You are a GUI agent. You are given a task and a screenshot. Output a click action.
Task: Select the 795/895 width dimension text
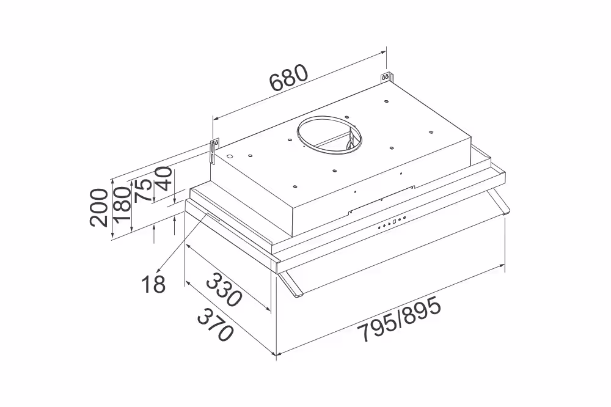coord(400,318)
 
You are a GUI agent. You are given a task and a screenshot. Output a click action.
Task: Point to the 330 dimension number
coord(224,290)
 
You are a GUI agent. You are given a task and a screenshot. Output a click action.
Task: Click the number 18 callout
coord(153,284)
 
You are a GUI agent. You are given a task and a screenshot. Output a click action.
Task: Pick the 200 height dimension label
coord(98,207)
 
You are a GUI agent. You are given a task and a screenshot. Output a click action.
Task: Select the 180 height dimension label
coord(121,204)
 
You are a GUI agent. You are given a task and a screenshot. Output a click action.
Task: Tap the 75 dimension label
coord(143,191)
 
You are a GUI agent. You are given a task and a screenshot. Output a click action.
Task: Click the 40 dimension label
coord(164,178)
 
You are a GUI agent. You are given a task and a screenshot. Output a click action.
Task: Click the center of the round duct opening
coord(329,134)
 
